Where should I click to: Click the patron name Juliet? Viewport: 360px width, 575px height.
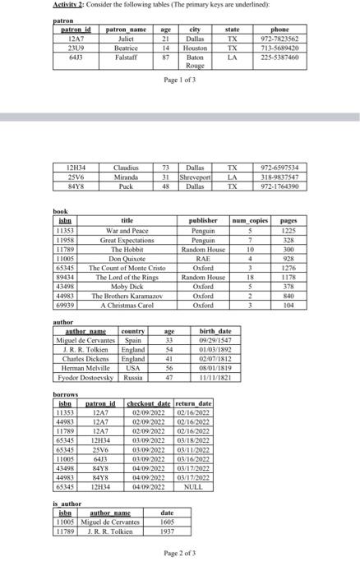[x=127, y=39]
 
